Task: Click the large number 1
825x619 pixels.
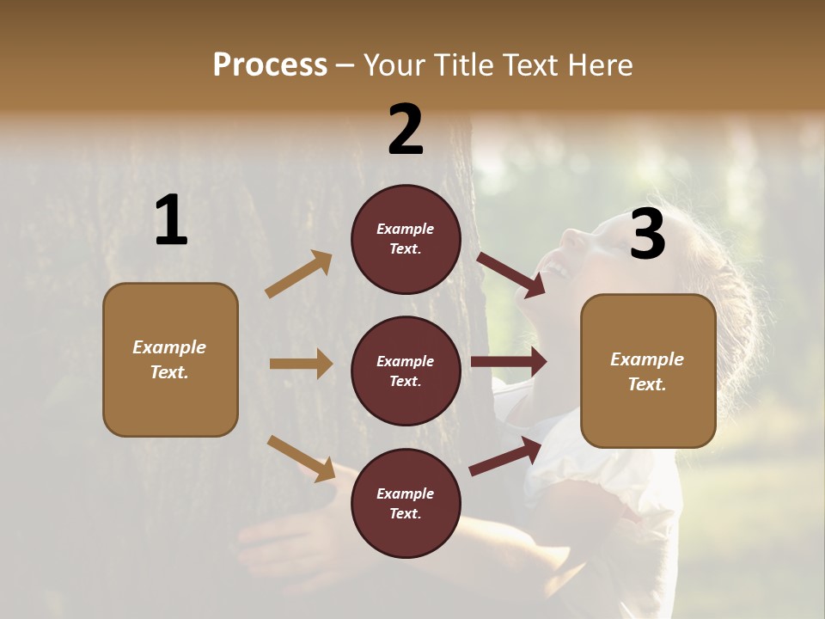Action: pos(171,221)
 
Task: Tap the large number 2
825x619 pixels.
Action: pos(406,130)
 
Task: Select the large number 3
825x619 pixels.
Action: pos(647,235)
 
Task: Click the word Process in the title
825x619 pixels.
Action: pos(270,64)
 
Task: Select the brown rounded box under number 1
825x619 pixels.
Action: pos(170,359)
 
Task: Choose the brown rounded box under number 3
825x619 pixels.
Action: pos(648,371)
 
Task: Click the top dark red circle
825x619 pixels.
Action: pos(406,239)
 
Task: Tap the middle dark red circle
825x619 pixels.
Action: pos(406,371)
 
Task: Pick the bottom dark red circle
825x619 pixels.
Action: pos(406,503)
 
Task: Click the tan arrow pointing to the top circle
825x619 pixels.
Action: pos(299,274)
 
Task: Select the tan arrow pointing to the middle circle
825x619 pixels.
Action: pos(301,364)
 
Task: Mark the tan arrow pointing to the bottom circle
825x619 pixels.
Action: pos(301,458)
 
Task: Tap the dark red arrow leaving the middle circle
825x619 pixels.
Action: pos(509,362)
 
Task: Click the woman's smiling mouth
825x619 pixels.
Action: pos(559,270)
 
